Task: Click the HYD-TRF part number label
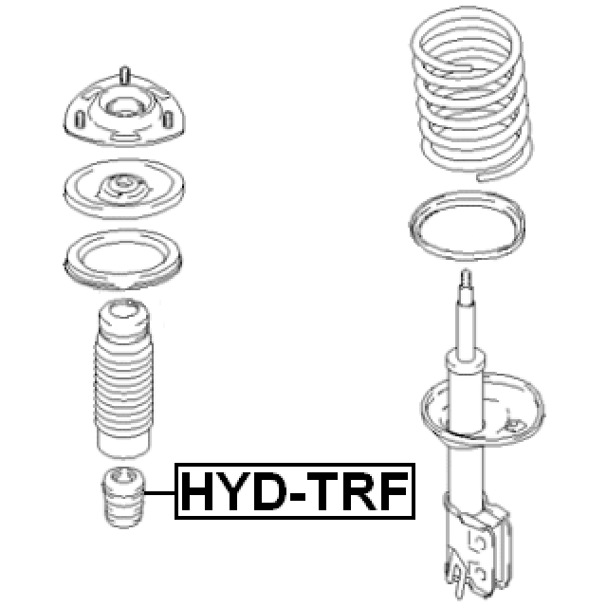tap(295, 491)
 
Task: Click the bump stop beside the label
tap(123, 497)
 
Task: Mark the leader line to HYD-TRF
tap(160, 493)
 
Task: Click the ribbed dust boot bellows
tap(123, 379)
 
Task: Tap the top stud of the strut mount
tap(124, 76)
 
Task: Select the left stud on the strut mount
tap(80, 120)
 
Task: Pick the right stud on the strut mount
tap(168, 120)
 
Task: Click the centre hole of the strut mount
tap(124, 108)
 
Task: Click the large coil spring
tap(470, 93)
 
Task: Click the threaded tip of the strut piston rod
tap(467, 280)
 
